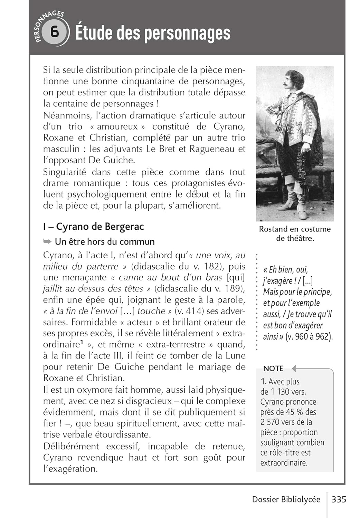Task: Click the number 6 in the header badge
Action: pos(54,32)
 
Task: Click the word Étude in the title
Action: pos(93,33)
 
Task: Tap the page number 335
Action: pos(339,499)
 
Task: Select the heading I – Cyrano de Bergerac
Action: pos(93,227)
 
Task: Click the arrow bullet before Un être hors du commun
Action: pos(47,241)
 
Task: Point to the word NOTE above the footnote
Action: pos(273,368)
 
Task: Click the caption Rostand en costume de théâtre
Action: pos(295,233)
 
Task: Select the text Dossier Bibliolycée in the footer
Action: pos(286,499)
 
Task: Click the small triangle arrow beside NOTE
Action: pos(294,368)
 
